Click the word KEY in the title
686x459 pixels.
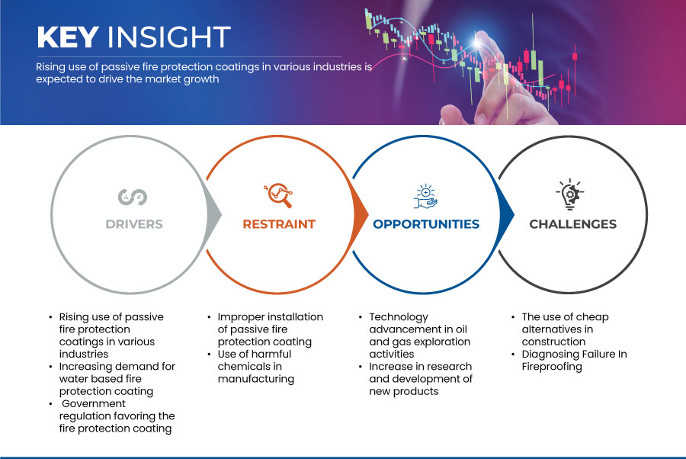pos(68,37)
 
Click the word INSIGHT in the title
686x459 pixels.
pos(169,37)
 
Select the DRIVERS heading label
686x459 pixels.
pos(134,224)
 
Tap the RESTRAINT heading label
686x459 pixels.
pos(279,224)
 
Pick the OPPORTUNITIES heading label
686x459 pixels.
pos(426,224)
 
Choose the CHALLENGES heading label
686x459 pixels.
pos(572,224)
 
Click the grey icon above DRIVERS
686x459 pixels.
pos(133,197)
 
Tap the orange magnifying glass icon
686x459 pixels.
pos(278,195)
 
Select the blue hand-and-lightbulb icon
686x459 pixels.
pos(425,197)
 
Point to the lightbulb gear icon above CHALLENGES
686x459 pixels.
pos(570,194)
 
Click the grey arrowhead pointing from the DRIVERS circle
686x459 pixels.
pos(213,214)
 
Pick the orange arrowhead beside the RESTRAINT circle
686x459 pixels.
pos(360,214)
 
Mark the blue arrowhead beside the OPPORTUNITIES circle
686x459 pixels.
pos(506,214)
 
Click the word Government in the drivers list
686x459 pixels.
pos(94,403)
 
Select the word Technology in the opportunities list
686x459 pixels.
pos(399,317)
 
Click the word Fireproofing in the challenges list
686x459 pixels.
pos(552,367)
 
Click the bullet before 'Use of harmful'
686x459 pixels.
pos(209,354)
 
